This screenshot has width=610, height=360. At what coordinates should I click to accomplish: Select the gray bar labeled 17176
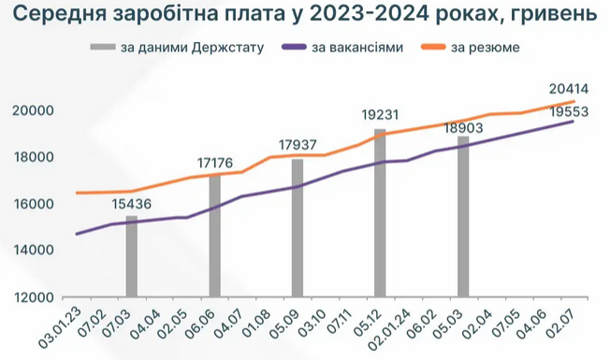[215, 235]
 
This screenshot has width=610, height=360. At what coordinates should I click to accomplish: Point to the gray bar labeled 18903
[463, 216]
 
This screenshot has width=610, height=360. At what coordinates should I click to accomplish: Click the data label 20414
[569, 90]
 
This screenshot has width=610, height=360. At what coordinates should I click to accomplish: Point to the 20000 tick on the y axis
[35, 110]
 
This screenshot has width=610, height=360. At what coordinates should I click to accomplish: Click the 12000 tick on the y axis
[35, 297]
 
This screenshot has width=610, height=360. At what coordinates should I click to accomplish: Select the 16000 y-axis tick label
[35, 204]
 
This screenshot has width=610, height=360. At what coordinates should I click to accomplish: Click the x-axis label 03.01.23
[60, 326]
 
